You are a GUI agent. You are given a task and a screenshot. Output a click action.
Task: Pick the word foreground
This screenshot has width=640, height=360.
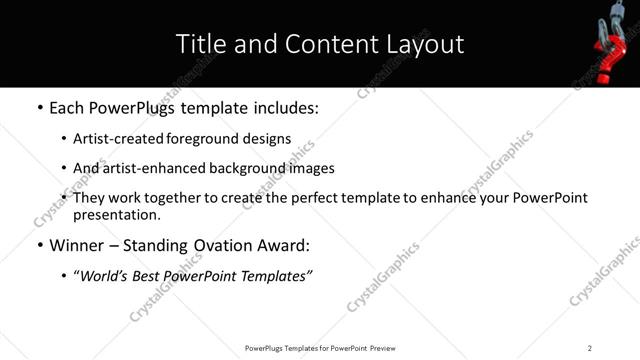(x=206, y=139)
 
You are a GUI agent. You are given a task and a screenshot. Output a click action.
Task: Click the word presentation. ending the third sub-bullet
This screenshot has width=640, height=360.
(x=116, y=214)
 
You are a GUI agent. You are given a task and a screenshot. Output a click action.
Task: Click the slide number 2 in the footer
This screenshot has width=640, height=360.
(x=590, y=348)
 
